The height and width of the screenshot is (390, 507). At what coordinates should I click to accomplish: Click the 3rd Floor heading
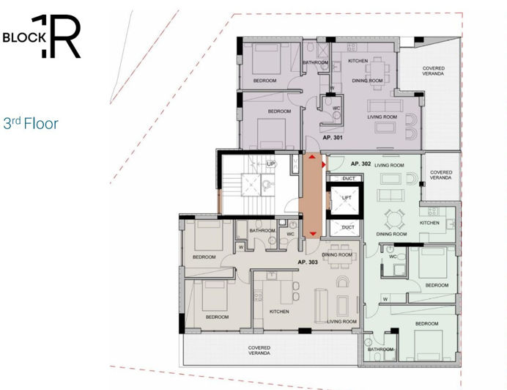[x=30, y=124]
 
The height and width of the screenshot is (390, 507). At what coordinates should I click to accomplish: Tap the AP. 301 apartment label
[x=333, y=137]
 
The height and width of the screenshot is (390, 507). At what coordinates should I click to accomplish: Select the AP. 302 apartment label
[x=362, y=163]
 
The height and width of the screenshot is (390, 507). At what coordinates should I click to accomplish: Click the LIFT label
[x=347, y=198]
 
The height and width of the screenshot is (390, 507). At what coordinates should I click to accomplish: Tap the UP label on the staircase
[x=271, y=163]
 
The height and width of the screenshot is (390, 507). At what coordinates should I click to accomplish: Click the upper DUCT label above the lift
[x=348, y=178]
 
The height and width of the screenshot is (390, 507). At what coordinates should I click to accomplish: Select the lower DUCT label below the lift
[x=348, y=227]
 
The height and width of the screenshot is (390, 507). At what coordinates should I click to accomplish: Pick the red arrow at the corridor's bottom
[x=313, y=234]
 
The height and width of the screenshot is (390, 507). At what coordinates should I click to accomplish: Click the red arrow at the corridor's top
[x=313, y=157]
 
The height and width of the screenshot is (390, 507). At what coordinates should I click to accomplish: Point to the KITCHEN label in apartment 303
[x=279, y=312]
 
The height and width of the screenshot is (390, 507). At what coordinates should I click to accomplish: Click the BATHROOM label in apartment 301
[x=316, y=62]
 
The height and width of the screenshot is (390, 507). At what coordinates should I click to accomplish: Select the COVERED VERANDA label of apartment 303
[x=259, y=350]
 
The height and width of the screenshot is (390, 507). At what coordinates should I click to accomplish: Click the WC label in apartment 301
[x=336, y=108]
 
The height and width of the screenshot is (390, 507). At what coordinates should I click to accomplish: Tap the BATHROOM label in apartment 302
[x=381, y=349]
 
